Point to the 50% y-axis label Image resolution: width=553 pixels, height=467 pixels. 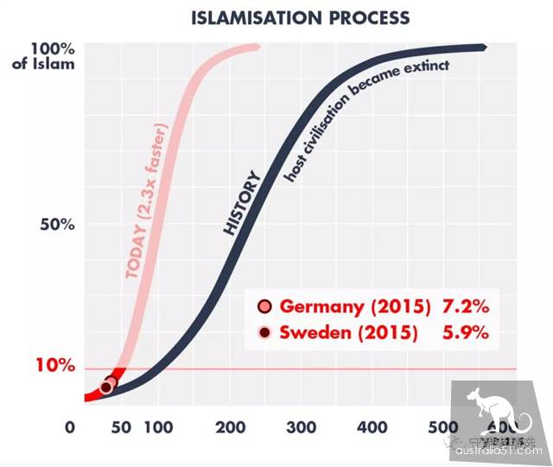coord(58,224)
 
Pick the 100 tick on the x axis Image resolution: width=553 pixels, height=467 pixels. coord(156,427)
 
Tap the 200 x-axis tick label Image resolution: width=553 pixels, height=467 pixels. coord(229,427)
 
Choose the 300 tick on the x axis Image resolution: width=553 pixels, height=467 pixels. coord(301,427)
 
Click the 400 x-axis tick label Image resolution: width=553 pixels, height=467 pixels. coord(372,427)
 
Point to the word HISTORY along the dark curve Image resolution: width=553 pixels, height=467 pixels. coord(242,204)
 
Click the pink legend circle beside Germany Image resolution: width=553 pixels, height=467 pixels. coord(265,306)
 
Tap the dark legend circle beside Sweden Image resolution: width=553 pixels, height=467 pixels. coord(265,333)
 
